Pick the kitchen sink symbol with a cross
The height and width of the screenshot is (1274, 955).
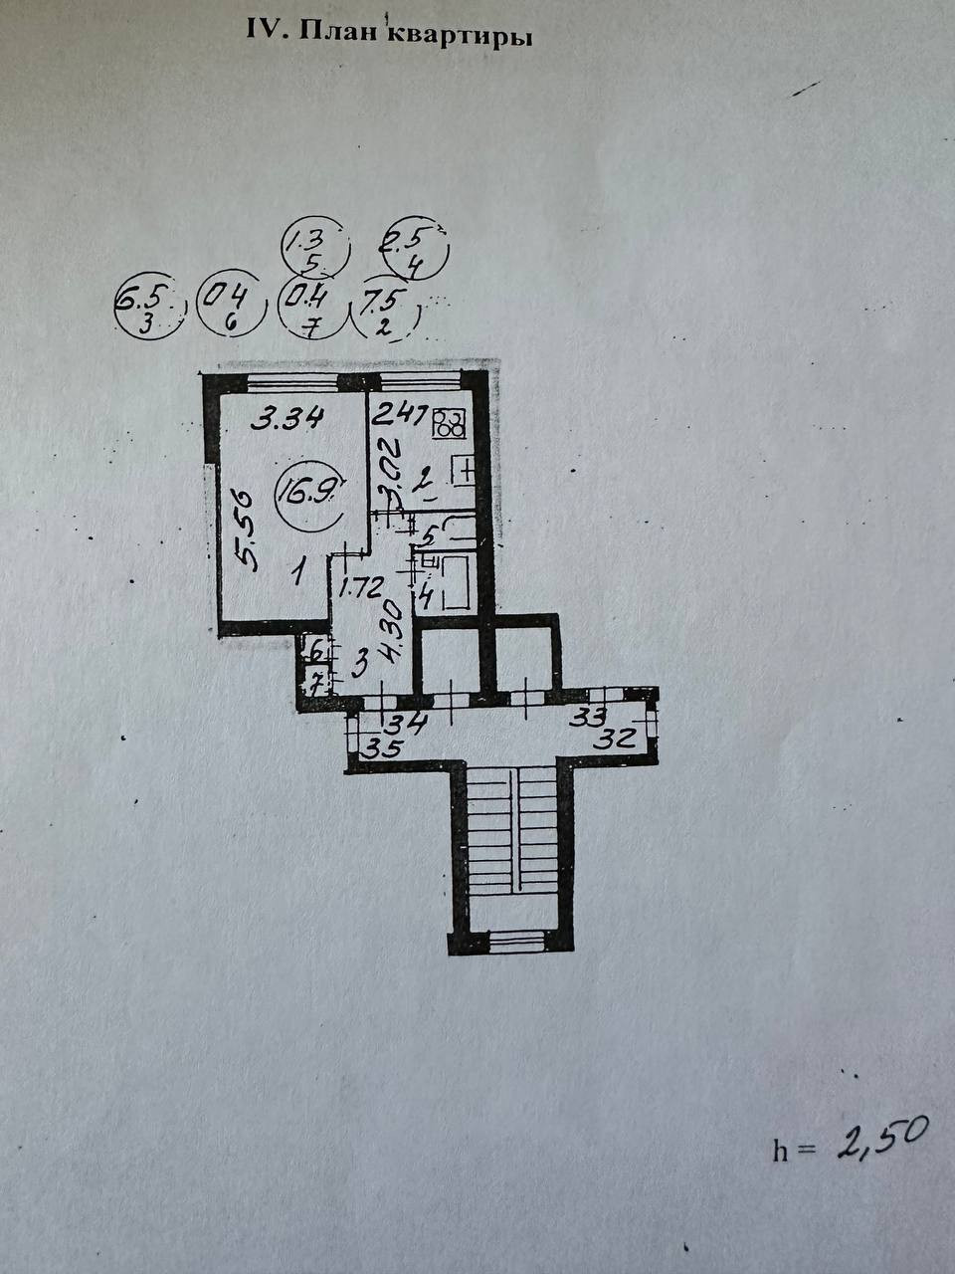464,470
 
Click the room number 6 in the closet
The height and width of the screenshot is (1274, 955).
315,654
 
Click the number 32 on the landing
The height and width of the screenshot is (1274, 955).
619,739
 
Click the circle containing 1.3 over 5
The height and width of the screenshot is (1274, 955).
315,250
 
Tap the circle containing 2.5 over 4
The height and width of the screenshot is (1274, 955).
417,249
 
